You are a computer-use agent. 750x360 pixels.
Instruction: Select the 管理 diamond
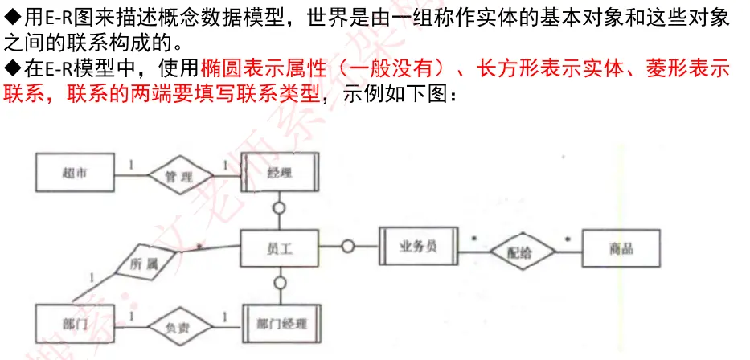coord(178,176)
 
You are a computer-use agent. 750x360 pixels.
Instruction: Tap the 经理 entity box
coord(280,173)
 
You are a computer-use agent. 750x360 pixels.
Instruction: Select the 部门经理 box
coord(280,325)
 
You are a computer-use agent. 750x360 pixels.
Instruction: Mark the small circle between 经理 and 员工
coord(280,208)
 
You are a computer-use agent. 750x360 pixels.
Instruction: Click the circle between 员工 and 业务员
coord(347,247)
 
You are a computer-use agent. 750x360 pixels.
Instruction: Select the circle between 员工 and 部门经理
coord(280,283)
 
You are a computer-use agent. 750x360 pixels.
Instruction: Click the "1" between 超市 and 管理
coord(131,163)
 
